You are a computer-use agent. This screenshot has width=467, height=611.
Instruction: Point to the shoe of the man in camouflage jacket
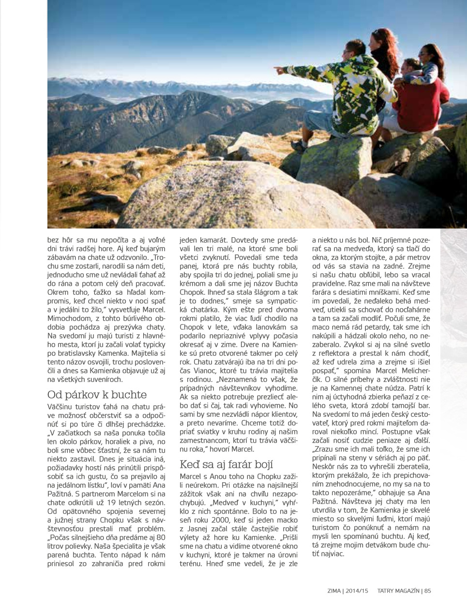pos(299,145)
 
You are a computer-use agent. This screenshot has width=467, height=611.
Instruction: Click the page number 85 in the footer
pos(427,591)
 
